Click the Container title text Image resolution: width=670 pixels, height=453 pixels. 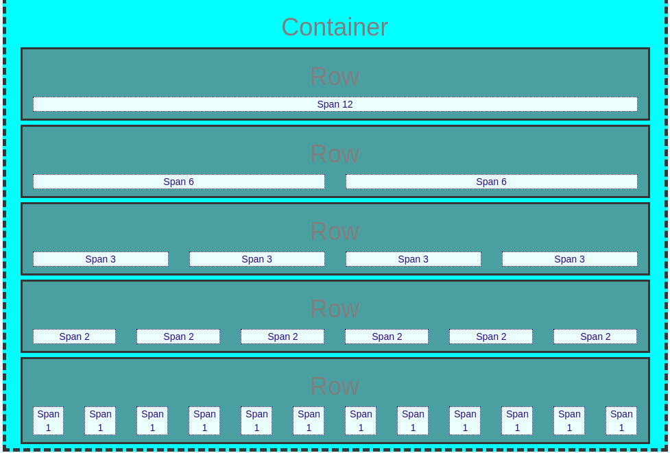point(335,27)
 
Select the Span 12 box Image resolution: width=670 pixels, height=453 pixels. point(335,104)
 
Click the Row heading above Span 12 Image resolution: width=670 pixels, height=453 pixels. point(335,77)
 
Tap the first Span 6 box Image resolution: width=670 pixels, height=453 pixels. point(178,182)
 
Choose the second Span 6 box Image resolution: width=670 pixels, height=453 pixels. point(492,182)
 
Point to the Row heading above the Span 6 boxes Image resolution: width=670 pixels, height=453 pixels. point(335,154)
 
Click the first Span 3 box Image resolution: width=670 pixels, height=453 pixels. point(100,259)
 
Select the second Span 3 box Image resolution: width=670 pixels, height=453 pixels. point(256,259)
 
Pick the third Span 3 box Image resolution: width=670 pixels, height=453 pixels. point(414,259)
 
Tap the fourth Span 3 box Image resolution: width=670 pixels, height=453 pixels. point(570,259)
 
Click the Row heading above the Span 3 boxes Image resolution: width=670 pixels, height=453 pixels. point(335,231)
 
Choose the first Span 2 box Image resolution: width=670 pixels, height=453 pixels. point(74,336)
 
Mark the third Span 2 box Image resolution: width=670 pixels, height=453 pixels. point(283,336)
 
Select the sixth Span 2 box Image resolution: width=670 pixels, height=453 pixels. point(595,336)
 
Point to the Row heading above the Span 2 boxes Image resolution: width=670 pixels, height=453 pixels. point(335,308)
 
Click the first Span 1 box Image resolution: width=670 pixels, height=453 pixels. point(48,421)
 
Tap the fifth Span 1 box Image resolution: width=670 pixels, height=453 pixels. point(256,421)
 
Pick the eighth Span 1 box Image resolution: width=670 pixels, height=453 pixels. point(413,421)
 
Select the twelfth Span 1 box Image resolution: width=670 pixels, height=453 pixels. point(621,421)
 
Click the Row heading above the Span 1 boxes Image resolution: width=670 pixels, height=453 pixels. point(335,386)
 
